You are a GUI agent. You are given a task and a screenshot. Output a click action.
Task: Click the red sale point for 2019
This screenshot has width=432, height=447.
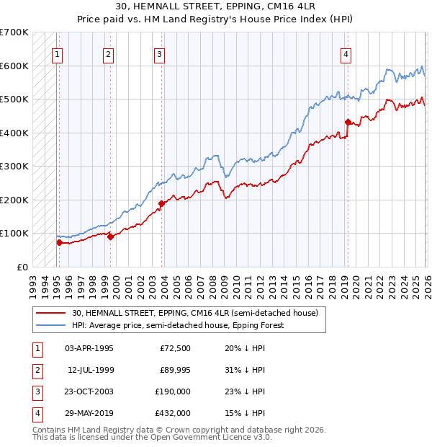pos(348,122)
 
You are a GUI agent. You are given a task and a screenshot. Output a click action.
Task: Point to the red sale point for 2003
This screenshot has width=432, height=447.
pos(162,203)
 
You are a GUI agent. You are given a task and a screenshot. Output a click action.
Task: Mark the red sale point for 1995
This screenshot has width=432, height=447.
pos(60,243)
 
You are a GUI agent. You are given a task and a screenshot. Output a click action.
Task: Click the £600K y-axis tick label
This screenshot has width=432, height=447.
pos(14,66)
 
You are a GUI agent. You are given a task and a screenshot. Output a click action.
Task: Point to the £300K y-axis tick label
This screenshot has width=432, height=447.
pos(14,166)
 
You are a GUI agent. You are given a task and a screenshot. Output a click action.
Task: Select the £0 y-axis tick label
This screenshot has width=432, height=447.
pos(22,267)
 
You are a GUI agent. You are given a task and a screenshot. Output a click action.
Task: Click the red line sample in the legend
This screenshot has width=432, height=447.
pos(50,313)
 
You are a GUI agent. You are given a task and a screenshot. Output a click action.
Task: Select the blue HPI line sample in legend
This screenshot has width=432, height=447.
pos(50,325)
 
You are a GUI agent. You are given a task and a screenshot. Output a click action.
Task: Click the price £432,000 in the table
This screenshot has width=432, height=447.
pos(174,413)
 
